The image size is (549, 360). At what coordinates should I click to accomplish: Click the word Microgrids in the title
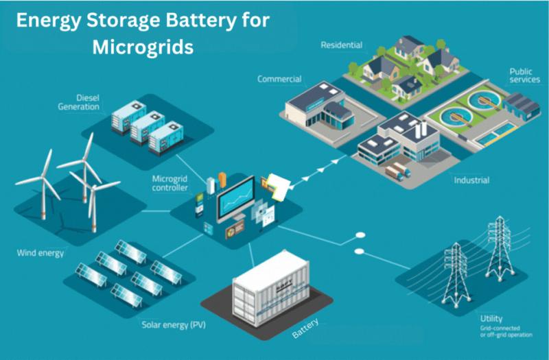(x=143, y=47)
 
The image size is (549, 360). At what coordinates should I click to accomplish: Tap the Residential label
(x=341, y=45)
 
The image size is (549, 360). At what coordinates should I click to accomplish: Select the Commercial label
(x=279, y=79)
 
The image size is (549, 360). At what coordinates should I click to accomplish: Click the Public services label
(x=524, y=75)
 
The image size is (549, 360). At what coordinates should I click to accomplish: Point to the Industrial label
(x=471, y=180)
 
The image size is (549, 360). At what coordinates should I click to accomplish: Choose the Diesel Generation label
(x=79, y=102)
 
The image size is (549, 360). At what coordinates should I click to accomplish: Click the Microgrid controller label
(x=170, y=183)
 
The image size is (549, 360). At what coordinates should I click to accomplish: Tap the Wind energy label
(x=40, y=253)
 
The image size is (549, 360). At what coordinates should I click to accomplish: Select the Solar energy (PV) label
(x=174, y=325)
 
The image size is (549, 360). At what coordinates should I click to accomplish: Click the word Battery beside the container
(x=305, y=328)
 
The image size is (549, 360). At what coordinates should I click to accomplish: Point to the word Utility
(x=491, y=319)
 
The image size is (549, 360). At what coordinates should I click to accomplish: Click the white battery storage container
(x=270, y=289)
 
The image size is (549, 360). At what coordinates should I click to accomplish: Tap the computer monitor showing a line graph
(x=236, y=199)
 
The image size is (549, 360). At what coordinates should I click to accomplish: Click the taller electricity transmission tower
(x=500, y=248)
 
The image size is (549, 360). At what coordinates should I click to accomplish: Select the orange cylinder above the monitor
(x=222, y=180)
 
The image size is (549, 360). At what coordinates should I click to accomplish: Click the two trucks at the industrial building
(x=397, y=171)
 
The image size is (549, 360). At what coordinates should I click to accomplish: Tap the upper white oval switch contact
(x=360, y=235)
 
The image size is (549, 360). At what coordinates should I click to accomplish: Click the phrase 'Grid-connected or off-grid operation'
(x=506, y=332)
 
